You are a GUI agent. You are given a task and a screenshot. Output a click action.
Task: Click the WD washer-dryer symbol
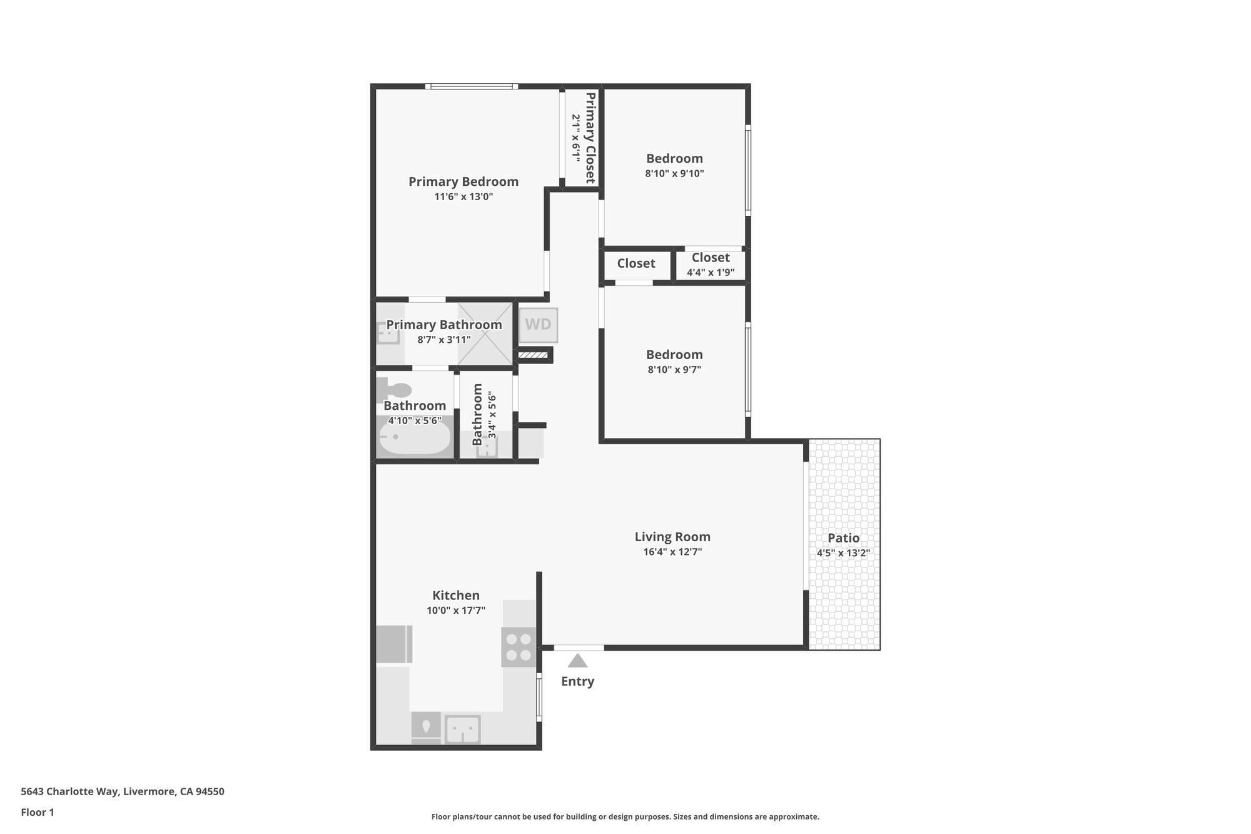(538, 325)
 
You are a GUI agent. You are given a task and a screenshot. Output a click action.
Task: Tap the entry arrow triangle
(577, 661)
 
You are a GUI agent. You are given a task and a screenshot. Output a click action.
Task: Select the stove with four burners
(519, 647)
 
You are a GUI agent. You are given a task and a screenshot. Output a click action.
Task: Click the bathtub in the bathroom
(415, 438)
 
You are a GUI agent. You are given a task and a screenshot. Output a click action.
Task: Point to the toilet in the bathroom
(393, 389)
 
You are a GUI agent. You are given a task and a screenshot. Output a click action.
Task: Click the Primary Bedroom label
(463, 181)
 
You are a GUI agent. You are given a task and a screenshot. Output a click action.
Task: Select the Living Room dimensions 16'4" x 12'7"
(672, 552)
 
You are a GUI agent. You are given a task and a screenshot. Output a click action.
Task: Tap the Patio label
(843, 538)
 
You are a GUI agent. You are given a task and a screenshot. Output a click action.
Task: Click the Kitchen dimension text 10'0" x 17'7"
(456, 611)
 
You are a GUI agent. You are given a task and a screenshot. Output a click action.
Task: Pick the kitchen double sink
(463, 730)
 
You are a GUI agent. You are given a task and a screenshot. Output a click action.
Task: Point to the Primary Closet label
(590, 138)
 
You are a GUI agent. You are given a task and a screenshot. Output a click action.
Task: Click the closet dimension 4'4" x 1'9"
(711, 273)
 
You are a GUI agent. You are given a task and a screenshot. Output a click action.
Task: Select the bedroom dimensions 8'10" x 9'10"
(674, 174)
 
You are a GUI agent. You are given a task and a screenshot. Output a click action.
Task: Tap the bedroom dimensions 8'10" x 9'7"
(674, 370)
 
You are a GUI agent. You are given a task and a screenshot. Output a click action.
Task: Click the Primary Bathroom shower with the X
(485, 334)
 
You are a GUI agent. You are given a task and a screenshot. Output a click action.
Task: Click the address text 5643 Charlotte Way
(69, 791)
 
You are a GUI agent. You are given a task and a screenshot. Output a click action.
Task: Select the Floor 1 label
(38, 813)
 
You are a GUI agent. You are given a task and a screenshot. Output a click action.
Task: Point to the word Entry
(577, 681)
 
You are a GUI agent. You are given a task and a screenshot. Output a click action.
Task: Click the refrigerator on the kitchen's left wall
(394, 644)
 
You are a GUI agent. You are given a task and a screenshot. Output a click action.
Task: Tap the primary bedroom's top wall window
(472, 86)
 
